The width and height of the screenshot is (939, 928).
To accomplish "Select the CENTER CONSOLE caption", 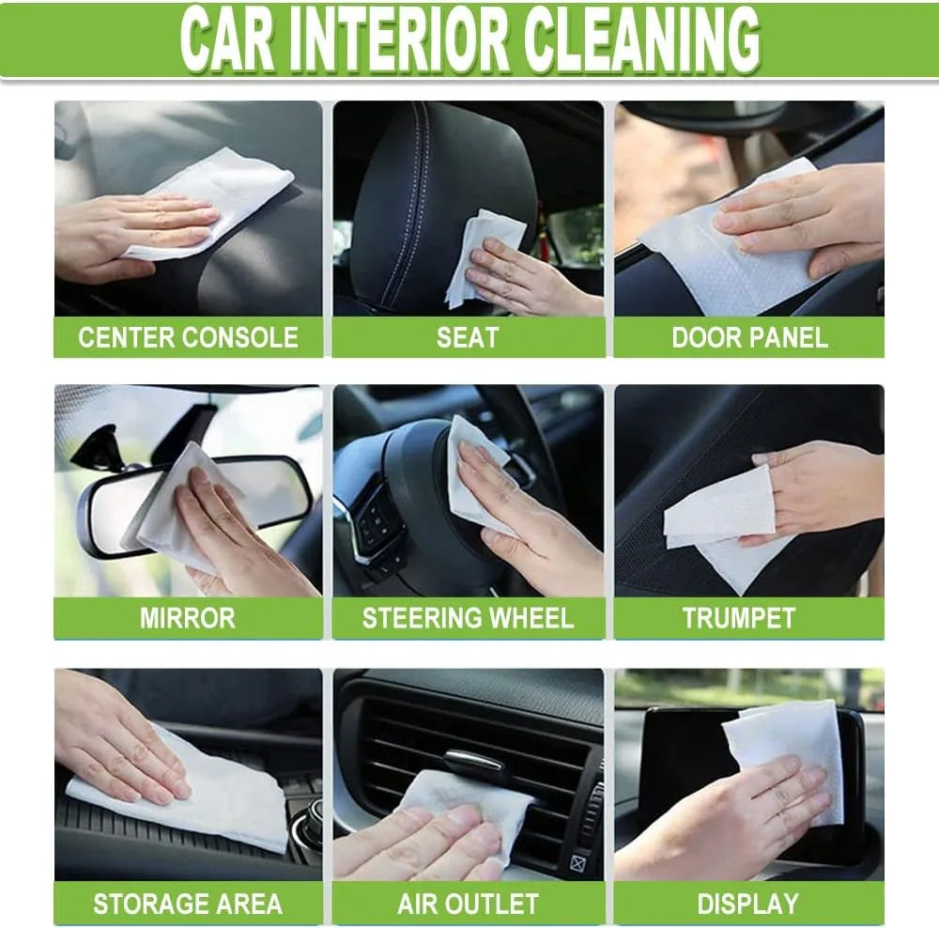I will click(188, 338).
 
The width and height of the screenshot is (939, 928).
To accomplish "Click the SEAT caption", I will click(468, 338).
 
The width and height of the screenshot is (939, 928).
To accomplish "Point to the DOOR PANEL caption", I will click(749, 338).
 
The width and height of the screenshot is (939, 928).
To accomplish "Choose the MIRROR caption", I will click(188, 618).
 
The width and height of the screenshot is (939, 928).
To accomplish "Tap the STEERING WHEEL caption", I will click(468, 618).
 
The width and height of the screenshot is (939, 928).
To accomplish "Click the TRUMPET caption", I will click(739, 618).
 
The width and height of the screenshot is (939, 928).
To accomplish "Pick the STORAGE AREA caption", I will click(188, 905).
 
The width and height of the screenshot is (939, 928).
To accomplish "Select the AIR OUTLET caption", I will click(468, 905).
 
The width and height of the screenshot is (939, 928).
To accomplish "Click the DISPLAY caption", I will click(748, 905).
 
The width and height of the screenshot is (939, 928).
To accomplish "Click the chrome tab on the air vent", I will click(474, 762).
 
